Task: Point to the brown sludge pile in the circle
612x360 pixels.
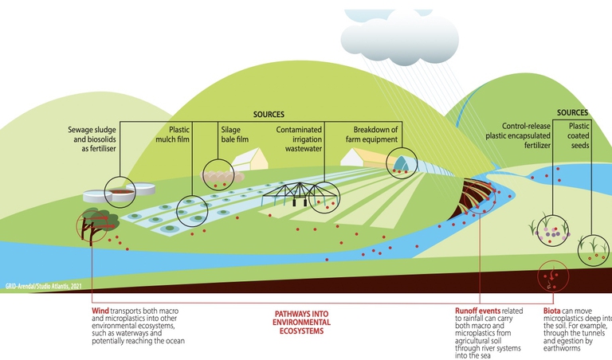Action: [121, 191]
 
